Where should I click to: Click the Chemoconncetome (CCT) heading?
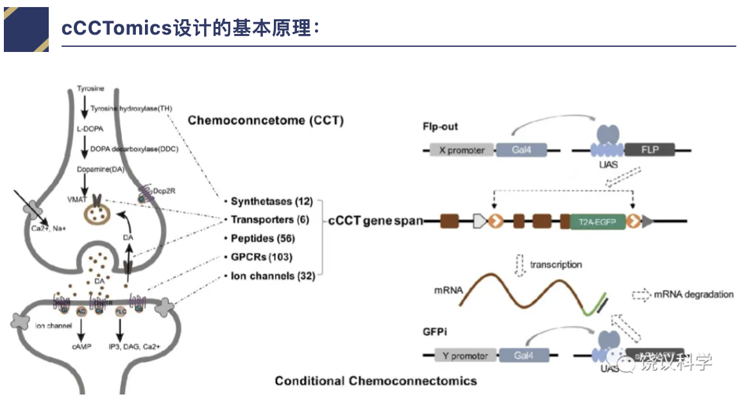point(266,120)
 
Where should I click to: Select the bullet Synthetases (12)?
point(271,201)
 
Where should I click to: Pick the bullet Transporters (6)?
point(269,220)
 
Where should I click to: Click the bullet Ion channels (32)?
point(272,276)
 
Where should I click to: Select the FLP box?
point(650,151)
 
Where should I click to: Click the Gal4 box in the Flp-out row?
point(521,151)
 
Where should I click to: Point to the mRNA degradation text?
point(693,294)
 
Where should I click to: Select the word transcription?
point(556,264)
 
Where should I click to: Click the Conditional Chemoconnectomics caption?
point(376,381)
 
